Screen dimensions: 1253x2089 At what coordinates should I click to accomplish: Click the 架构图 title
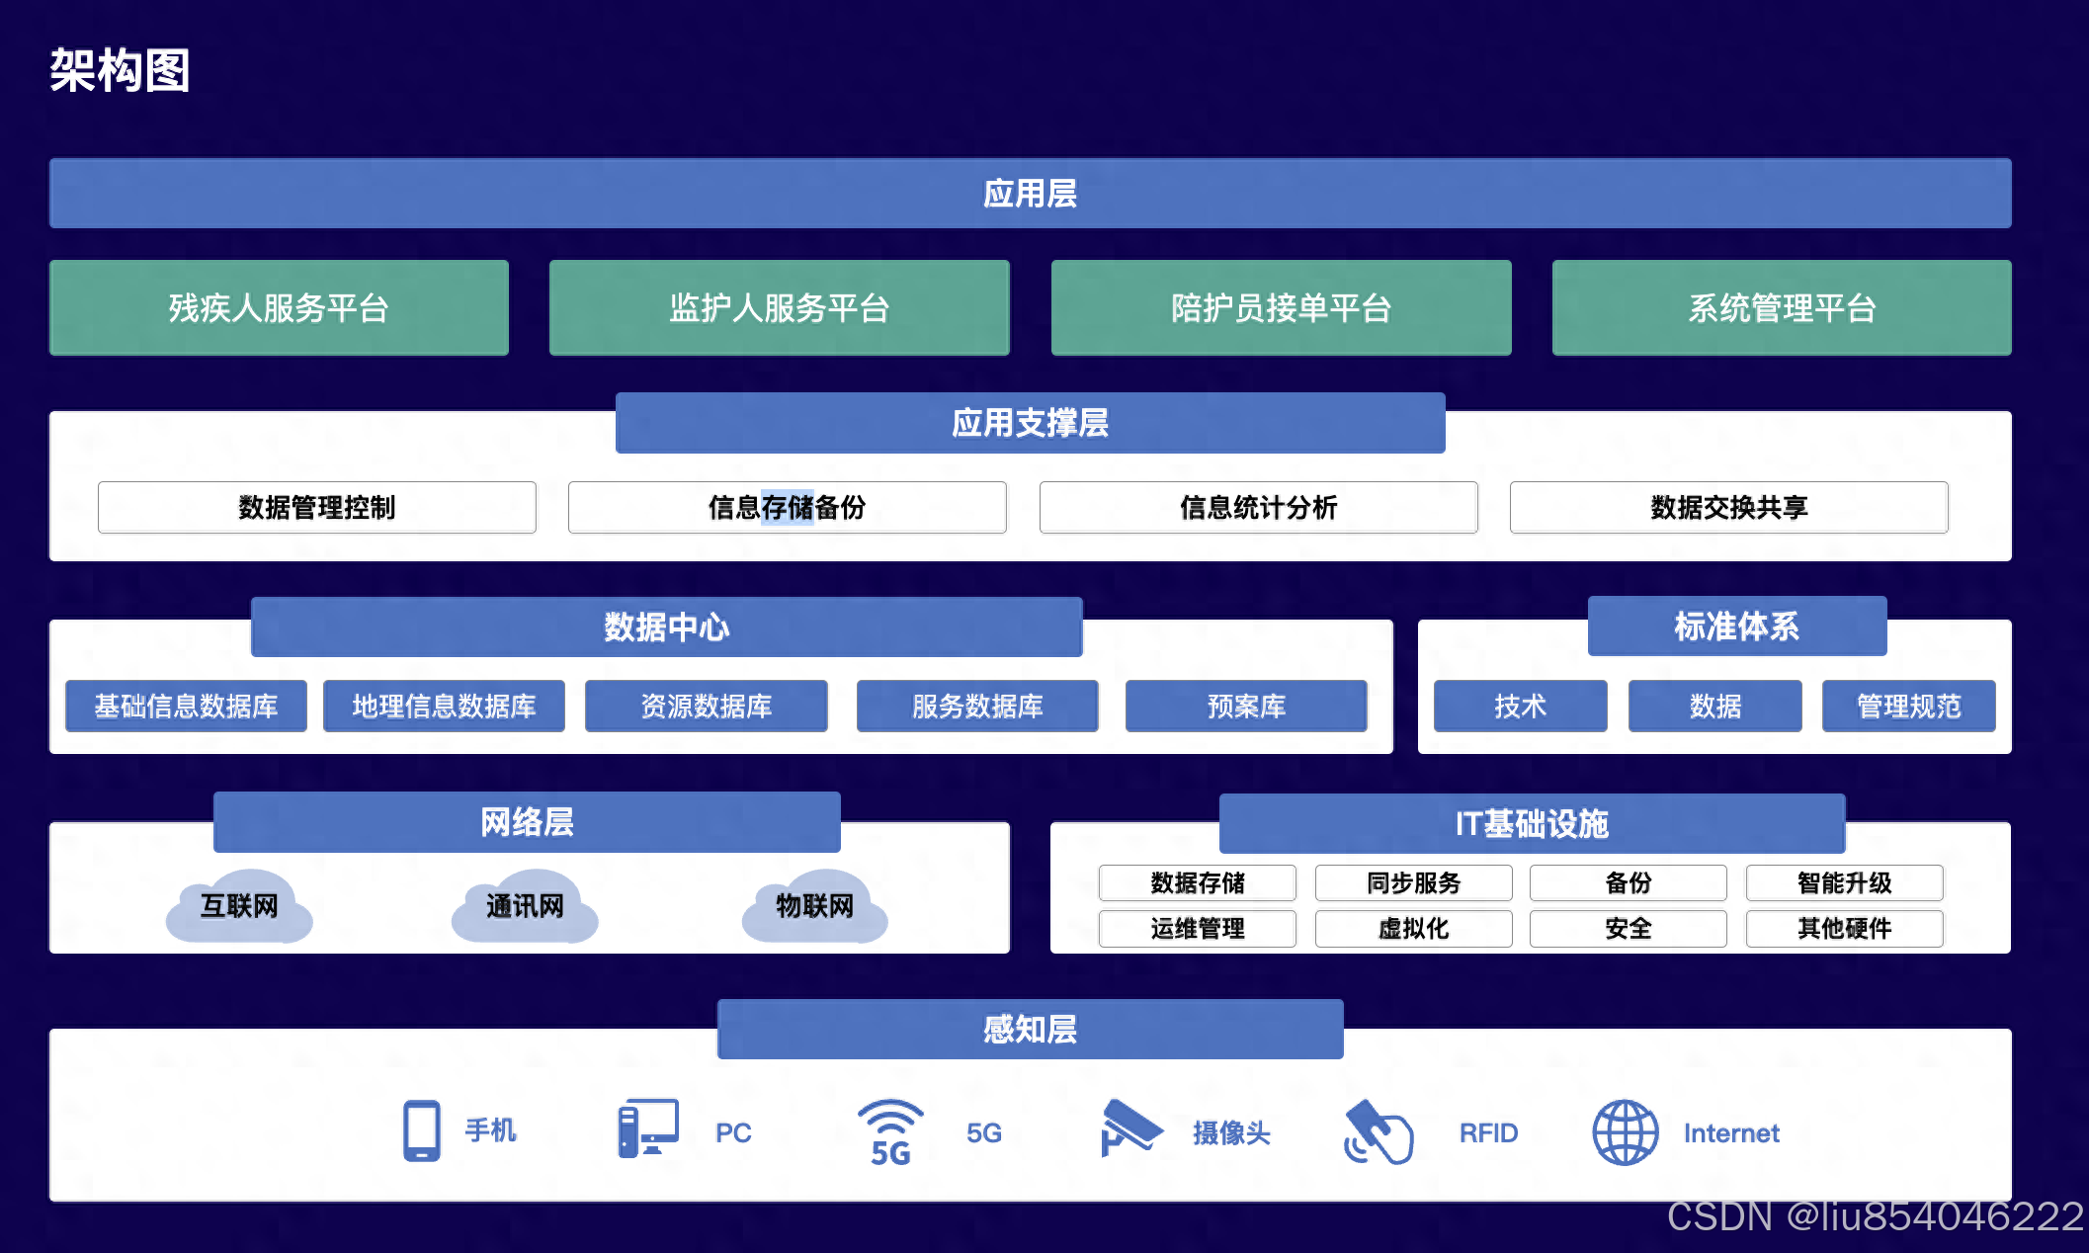(120, 71)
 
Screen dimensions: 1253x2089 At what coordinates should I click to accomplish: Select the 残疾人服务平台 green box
(279, 307)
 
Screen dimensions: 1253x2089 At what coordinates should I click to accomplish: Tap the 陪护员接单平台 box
(1281, 307)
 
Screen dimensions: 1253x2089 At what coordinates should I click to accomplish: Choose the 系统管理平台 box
(1782, 307)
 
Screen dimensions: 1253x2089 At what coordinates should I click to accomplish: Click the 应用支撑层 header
(1030, 423)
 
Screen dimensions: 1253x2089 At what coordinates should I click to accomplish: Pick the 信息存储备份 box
(787, 507)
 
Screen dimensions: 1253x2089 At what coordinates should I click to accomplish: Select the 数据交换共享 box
(1728, 507)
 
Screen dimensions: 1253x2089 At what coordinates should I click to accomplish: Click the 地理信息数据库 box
(444, 706)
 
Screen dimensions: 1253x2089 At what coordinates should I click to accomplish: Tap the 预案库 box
(1246, 706)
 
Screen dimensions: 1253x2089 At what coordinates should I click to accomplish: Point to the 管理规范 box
(1908, 706)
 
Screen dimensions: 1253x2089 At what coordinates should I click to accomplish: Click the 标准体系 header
(1736, 626)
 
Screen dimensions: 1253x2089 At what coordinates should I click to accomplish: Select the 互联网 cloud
(239, 906)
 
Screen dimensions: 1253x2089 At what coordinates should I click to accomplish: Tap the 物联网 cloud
(814, 906)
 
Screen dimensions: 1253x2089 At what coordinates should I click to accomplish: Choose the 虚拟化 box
(1413, 928)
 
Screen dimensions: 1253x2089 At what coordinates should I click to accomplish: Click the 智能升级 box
(1844, 882)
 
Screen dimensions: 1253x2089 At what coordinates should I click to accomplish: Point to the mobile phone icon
(422, 1130)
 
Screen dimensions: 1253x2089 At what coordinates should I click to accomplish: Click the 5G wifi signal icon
(890, 1131)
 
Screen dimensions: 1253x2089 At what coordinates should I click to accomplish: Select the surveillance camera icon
(1130, 1128)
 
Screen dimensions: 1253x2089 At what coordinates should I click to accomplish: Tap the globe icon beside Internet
(1626, 1132)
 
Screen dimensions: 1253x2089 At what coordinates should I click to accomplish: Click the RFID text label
(1488, 1132)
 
